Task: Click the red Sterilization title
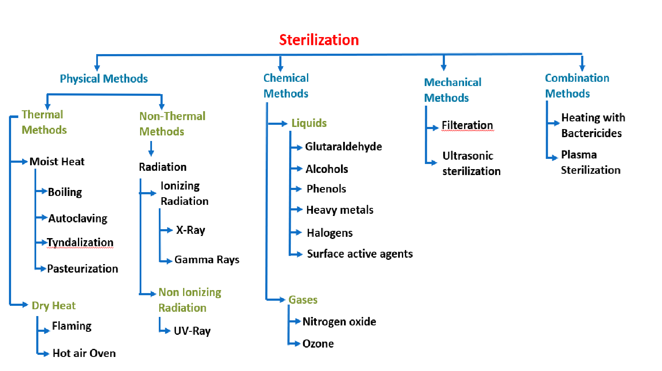coord(319,40)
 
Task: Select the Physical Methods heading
coord(103,79)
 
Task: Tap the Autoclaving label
coord(77,219)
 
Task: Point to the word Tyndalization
coord(80,242)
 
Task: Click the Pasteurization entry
coord(83,269)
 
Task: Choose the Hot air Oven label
coord(84,353)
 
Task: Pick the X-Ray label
coord(190,230)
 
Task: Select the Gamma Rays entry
coord(206,260)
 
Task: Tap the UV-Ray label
coord(192,331)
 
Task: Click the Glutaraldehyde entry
coord(343,147)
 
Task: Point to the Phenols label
coord(326,189)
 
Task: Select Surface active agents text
coord(360,254)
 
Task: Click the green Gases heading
coord(303,300)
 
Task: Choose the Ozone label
coord(318,344)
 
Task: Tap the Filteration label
coord(467,125)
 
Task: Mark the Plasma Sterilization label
coord(590,162)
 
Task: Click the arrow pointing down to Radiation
coord(151,149)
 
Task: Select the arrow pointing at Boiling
coord(42,191)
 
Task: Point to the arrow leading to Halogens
coord(296,232)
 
